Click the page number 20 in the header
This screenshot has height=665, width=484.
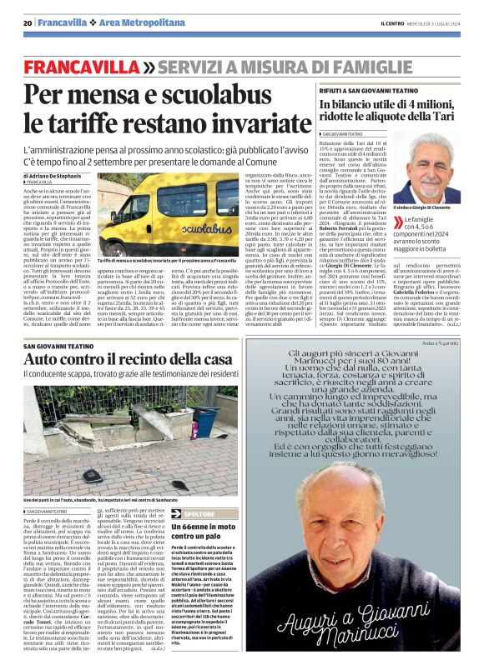(x=27, y=23)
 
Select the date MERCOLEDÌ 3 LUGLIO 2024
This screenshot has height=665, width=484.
(x=438, y=23)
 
